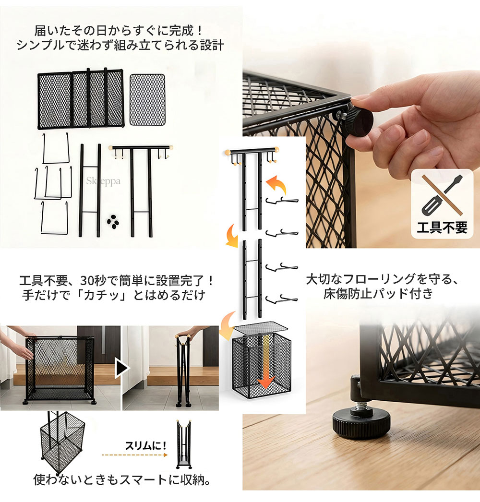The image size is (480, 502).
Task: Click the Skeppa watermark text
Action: pyautogui.click(x=103, y=181)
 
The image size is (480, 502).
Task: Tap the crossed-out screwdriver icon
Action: pyautogui.click(x=442, y=195)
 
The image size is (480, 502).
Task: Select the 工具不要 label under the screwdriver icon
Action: pyautogui.click(x=442, y=227)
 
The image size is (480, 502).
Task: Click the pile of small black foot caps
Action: pyautogui.click(x=113, y=222)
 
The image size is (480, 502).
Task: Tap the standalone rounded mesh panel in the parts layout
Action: pyautogui.click(x=148, y=99)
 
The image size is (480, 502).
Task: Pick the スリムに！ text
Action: pyautogui.click(x=146, y=445)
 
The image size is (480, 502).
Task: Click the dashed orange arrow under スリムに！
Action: pyautogui.click(x=134, y=454)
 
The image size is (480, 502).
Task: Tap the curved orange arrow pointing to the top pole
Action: pyautogui.click(x=276, y=185)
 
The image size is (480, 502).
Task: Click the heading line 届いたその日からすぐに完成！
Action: pyautogui.click(x=119, y=31)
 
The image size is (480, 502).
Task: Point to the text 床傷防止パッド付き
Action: pyautogui.click(x=378, y=294)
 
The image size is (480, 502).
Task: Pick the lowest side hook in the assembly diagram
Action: pyautogui.click(x=281, y=299)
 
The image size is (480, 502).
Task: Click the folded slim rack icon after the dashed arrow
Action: pyautogui.click(x=184, y=444)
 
